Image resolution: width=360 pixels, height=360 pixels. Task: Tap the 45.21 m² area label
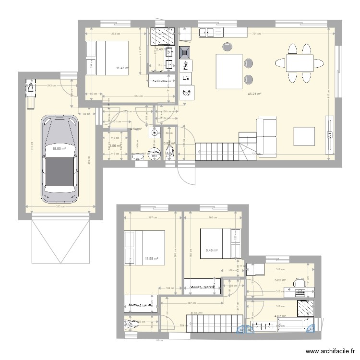tap(254, 94)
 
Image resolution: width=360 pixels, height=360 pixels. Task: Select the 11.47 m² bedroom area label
tap(123, 68)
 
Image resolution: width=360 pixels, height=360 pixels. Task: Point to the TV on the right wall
tap(330, 135)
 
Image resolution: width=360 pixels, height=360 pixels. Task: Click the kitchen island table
tap(228, 72)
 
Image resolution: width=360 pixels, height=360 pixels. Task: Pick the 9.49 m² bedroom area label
tap(212, 250)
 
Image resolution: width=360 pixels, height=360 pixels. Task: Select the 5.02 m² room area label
tap(280, 280)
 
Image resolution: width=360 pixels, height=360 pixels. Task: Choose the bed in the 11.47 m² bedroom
tap(107, 58)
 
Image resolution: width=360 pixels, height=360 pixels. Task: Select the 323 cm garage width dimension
tap(60, 208)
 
